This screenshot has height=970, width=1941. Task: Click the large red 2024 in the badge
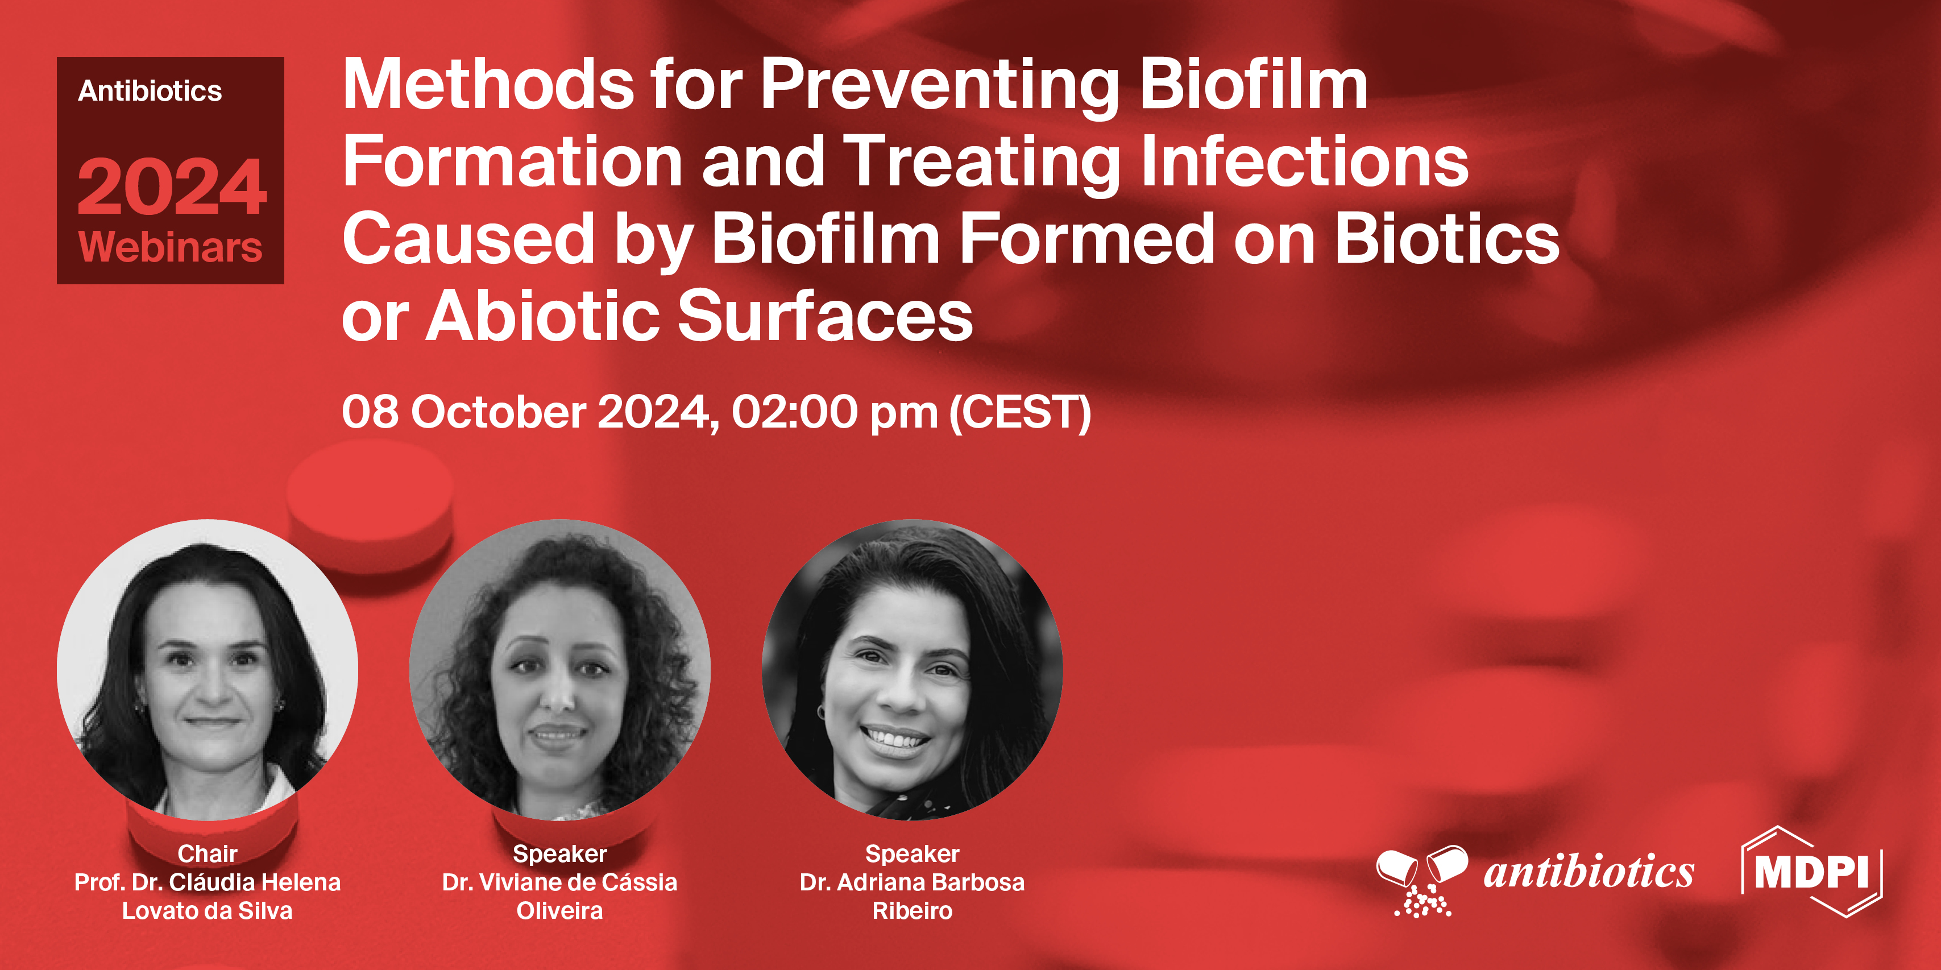coord(171,187)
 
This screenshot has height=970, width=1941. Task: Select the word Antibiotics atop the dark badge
coord(150,91)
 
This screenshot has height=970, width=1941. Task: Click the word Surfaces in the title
coord(825,317)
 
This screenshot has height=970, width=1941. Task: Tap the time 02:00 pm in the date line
coord(833,412)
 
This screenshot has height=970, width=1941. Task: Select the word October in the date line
coord(498,412)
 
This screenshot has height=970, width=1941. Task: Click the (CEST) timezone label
coord(1020,412)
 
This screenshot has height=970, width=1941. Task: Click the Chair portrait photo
coord(207,669)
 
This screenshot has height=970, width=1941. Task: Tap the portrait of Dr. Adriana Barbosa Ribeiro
coord(912,669)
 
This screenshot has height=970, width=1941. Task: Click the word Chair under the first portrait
coord(207,853)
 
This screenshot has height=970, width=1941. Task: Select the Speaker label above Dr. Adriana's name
coord(912,853)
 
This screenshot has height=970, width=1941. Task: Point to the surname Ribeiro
coord(912,910)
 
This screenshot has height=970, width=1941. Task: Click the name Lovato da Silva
coord(207,910)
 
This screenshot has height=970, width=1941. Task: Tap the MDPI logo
coord(1811,872)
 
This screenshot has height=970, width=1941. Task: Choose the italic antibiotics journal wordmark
coord(1589,873)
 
